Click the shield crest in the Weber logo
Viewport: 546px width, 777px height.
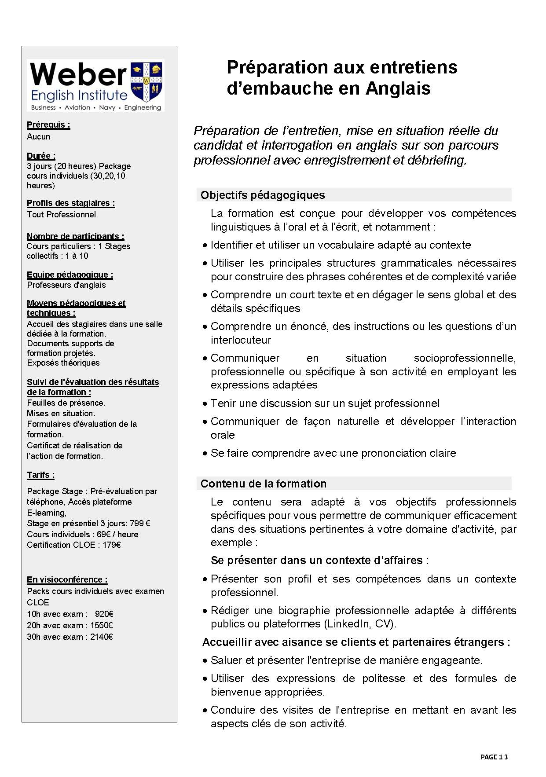pos(147,81)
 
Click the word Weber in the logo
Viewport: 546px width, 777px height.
pos(78,74)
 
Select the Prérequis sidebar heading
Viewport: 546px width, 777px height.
pos(48,125)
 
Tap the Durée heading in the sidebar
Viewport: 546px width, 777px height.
pos(41,156)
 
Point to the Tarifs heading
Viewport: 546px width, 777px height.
pos(40,475)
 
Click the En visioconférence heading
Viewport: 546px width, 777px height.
pos(67,579)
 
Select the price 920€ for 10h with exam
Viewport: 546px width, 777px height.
pos(104,614)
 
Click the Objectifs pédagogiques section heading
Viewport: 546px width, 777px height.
pos(263,195)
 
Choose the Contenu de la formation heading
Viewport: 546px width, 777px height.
pos(264,484)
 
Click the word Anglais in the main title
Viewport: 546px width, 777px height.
pos(398,88)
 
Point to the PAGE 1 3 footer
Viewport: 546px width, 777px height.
pos(494,757)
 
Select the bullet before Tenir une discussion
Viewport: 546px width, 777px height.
pos(205,403)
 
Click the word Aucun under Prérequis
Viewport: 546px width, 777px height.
pos(39,137)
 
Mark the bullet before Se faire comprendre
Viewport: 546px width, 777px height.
pos(205,453)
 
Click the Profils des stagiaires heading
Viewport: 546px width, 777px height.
pos(71,203)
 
